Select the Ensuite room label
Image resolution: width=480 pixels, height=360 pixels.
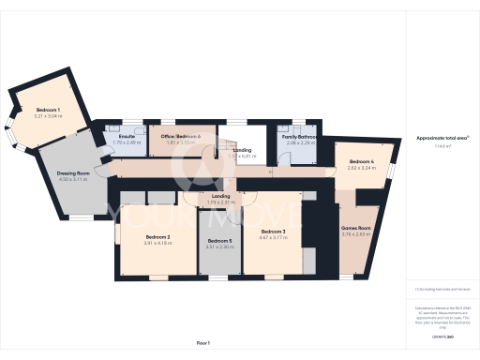127,137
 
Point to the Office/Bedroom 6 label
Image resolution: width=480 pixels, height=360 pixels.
180,137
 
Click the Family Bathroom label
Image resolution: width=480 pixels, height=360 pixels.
300,137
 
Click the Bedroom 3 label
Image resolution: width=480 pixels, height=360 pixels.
273,232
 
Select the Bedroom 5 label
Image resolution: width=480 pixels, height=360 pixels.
219,241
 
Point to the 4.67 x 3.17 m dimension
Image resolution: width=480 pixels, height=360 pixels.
273,237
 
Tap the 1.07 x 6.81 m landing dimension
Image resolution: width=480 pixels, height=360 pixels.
242,156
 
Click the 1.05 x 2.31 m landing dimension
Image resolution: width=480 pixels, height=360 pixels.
221,202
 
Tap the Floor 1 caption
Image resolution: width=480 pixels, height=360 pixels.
202,344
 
